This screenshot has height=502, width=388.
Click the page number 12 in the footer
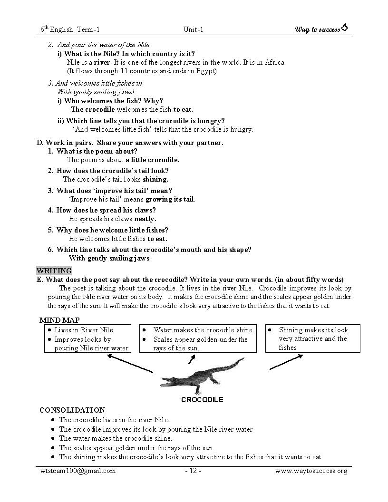(193, 471)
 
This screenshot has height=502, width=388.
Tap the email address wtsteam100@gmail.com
(78, 471)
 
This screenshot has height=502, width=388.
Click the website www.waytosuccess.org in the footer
(311, 471)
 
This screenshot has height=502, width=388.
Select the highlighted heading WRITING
(54, 270)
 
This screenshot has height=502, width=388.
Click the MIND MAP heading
(59, 320)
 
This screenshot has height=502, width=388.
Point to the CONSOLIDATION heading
(72, 410)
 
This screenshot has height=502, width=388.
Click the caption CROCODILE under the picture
(202, 400)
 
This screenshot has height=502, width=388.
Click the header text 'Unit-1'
(193, 29)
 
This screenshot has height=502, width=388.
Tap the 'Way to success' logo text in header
(318, 29)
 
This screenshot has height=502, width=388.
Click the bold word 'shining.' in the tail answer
(155, 179)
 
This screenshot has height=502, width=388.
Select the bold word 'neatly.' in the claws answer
(145, 219)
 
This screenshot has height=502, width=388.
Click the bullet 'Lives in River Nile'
(84, 330)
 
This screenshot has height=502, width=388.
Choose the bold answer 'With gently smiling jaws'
(109, 258)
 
